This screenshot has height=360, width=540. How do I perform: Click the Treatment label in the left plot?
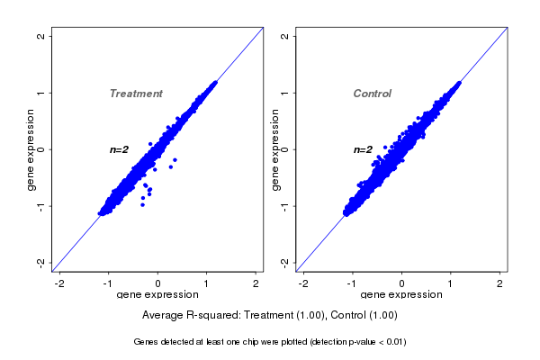tap(136, 94)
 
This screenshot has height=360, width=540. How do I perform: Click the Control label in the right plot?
tap(372, 94)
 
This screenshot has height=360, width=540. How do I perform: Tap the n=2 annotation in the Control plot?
tap(363, 149)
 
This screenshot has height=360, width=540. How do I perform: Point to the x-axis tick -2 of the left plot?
tap(60, 283)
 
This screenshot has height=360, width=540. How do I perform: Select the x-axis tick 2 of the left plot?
tap(256, 283)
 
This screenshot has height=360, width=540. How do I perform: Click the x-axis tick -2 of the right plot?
tap(303, 283)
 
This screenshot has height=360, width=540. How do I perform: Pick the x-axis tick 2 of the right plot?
tap(499, 283)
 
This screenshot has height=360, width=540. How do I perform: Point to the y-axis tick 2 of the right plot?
tap(284, 36)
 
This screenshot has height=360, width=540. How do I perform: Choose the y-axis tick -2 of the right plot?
tap(284, 262)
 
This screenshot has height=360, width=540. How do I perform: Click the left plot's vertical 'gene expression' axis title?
tap(31, 149)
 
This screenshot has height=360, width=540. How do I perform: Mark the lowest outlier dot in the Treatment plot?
tap(141, 205)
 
